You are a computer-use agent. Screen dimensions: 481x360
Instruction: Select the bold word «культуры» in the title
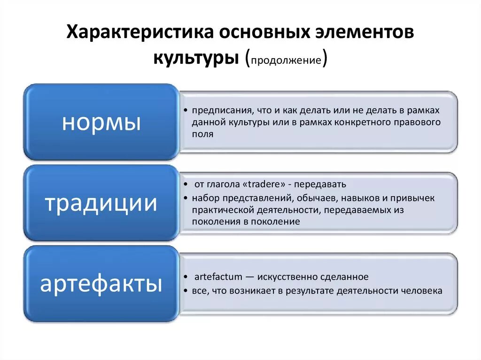[196, 59]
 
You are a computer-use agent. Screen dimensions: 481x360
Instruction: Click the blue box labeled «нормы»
[101, 123]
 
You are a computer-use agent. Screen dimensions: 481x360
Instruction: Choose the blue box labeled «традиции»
[101, 203]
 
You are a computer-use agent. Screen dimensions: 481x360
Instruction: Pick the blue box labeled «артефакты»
[101, 283]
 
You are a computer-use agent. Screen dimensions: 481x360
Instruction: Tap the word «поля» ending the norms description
[202, 134]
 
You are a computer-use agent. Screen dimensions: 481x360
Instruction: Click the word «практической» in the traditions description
[223, 210]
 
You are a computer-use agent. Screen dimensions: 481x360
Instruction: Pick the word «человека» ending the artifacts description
[421, 291]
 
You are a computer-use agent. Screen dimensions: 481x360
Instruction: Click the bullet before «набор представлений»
[187, 198]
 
